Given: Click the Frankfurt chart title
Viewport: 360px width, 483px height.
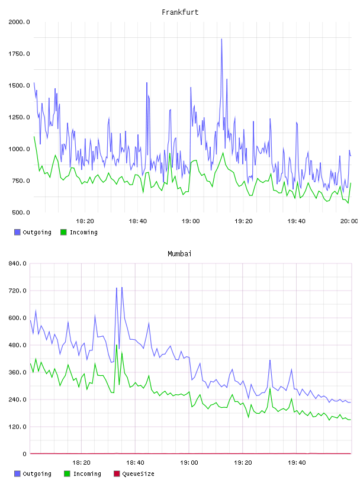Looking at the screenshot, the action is coord(180,12).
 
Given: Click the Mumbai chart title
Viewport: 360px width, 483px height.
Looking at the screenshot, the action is coord(179,253).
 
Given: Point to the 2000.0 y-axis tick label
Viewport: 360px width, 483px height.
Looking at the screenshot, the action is coord(19,22).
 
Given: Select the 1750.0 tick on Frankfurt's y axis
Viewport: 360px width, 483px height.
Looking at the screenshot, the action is coord(19,54).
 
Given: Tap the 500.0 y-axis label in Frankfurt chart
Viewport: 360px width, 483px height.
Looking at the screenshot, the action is coord(21,212).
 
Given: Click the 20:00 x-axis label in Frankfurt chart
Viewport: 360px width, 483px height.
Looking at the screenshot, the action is coord(349,221).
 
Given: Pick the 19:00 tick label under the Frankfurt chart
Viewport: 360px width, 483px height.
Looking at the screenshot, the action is coord(191,221).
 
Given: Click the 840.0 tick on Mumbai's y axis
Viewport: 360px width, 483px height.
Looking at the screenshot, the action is coord(18,263).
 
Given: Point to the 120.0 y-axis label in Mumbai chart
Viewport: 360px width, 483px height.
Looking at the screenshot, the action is coord(18,427).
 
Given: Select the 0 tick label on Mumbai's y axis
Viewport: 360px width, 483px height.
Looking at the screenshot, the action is coord(25,454).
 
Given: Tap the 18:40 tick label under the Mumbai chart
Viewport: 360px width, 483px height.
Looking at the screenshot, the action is coord(135,462).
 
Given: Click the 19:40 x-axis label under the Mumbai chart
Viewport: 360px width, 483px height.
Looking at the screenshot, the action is coord(297,462).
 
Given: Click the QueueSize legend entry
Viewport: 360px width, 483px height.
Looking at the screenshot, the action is coord(138,474).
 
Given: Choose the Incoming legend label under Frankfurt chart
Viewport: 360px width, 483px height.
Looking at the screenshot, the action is coord(83,232).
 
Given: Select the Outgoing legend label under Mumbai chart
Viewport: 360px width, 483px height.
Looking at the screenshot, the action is coord(37,474).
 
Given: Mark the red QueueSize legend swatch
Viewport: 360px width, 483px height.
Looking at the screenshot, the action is coord(117,474).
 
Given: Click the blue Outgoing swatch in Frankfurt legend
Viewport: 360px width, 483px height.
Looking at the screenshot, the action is coord(17,232).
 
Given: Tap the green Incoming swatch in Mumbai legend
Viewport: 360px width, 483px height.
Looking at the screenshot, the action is coord(67,474).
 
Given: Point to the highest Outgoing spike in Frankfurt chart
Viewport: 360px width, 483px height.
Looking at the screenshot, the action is coord(221,39).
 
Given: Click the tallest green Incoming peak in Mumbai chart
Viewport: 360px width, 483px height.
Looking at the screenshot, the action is coord(117,345).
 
